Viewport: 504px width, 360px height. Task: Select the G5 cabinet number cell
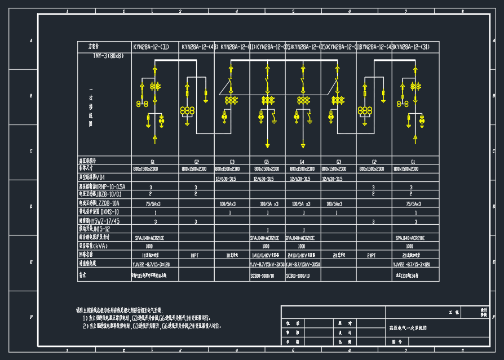(x=266, y=161)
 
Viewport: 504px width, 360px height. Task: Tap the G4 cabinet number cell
(x=302, y=161)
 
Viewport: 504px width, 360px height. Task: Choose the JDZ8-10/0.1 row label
(x=100, y=194)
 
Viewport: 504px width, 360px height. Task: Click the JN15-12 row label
(x=95, y=229)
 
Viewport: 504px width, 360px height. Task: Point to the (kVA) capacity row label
(x=94, y=246)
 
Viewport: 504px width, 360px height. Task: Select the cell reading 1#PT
(x=194, y=255)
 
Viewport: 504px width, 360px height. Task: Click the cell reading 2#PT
(x=372, y=255)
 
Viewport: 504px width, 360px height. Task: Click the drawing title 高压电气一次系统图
(x=409, y=327)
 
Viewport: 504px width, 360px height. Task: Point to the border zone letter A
(x=30, y=41)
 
